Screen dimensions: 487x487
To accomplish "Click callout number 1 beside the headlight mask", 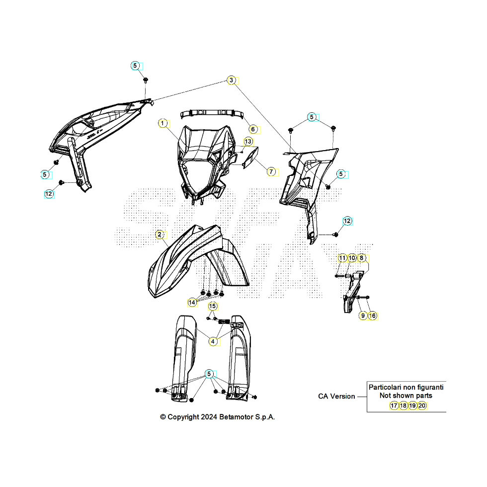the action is coord(162,123).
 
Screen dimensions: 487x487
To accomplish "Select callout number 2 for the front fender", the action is coord(160,235).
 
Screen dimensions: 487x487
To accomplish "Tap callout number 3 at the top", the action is coord(231,80).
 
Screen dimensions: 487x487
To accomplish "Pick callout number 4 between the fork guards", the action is coord(213,342).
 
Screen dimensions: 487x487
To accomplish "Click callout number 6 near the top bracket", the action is coord(253,129).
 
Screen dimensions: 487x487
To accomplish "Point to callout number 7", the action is coord(271,171).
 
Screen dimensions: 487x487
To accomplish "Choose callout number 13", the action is coord(248,142).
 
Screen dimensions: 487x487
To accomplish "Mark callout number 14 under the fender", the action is coord(192,302).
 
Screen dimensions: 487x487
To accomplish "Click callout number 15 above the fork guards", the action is coord(213,306).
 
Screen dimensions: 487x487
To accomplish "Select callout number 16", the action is coord(372,316).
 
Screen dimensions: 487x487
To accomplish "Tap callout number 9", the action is coord(363,316).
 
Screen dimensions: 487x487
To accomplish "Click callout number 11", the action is coord(342,258).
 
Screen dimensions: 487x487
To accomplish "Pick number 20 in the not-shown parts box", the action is coord(422,406).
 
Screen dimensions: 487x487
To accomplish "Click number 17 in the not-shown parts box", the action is coord(394,406).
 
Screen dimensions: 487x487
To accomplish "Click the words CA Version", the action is coord(336,397).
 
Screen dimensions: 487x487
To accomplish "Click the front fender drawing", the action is coord(199,261).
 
